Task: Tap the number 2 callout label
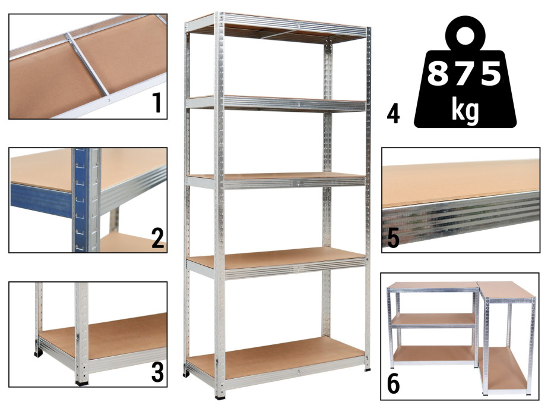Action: point(158,238)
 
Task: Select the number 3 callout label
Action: point(157,372)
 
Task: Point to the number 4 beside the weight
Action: point(393,115)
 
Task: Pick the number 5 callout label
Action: point(393,238)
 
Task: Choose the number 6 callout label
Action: point(393,385)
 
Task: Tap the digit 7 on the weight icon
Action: point(464,73)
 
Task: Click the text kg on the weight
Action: point(465,111)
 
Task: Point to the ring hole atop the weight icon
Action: point(465,36)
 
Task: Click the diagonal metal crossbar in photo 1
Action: point(88,64)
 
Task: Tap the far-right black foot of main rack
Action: point(368,369)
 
